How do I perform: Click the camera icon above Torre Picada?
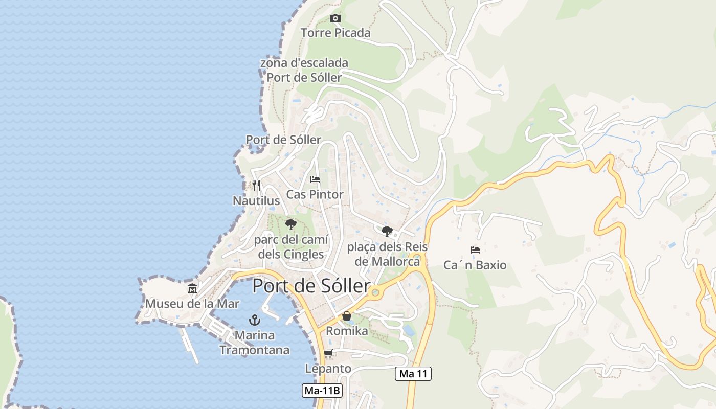(x=335, y=18)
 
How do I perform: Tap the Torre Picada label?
(x=335, y=33)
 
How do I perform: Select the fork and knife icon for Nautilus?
(x=256, y=185)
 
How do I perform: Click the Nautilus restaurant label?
(x=256, y=201)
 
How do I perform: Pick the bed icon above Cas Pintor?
(x=315, y=179)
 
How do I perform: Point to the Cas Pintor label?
(x=315, y=195)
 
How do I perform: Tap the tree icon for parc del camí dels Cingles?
(x=290, y=224)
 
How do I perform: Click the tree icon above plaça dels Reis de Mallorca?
(x=387, y=231)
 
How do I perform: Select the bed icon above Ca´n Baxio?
(x=475, y=250)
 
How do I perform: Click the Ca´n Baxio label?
(x=475, y=265)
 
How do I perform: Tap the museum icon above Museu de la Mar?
(x=192, y=289)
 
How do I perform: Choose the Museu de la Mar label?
(x=192, y=304)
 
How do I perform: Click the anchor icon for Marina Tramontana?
(x=254, y=320)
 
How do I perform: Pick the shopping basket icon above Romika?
(x=347, y=316)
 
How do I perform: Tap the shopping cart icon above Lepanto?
(x=328, y=353)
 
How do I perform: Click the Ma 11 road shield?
(x=413, y=374)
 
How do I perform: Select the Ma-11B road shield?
(x=322, y=391)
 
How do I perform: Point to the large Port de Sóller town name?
(x=311, y=286)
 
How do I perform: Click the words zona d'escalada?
(x=304, y=63)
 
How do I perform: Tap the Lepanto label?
(x=328, y=369)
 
